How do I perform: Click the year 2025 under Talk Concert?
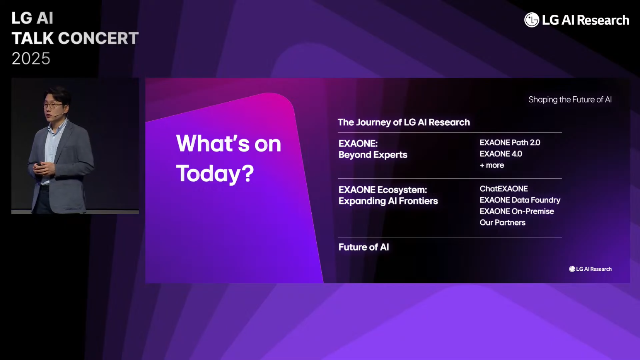pos(31,58)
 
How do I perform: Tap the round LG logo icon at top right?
pos(532,20)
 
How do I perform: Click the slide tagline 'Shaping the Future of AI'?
pos(570,99)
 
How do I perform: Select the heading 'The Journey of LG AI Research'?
pos(404,122)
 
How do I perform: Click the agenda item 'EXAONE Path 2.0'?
pos(510,143)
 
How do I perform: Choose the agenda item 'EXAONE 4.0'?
pos(501,154)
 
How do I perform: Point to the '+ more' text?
pos(492,165)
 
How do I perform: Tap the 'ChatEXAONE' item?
pos(504,189)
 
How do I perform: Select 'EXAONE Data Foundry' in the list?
pos(520,200)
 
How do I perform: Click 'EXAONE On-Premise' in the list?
pos(517,212)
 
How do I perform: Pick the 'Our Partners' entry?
pos(503,223)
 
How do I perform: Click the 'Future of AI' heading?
pos(364,247)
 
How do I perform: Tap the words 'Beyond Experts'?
pos(373,155)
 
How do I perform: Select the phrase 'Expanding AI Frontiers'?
pos(388,201)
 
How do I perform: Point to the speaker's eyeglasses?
pos(53,106)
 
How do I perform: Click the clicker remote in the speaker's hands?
pos(39,165)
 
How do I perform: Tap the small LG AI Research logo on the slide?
pos(590,269)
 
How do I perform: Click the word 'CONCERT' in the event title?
pos(98,38)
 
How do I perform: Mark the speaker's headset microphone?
pos(59,114)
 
